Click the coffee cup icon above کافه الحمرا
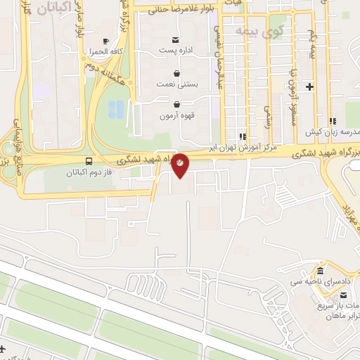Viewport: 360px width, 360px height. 105,41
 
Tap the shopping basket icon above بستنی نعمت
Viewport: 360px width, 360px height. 175,72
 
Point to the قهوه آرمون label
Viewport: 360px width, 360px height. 176,115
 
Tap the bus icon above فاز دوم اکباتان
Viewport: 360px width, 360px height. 88,160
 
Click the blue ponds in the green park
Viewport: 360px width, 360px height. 116,108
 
